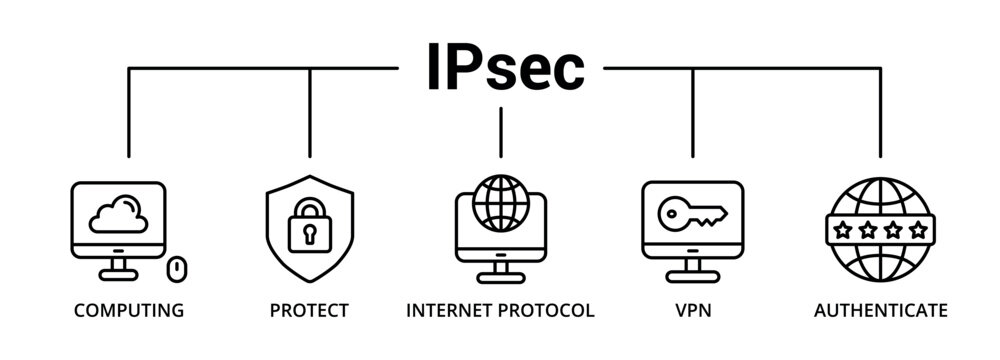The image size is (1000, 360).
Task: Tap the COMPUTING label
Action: click(x=128, y=311)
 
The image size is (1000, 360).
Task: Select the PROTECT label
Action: click(x=309, y=311)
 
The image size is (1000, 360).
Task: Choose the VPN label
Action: click(x=692, y=311)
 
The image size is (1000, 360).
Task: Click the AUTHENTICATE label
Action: click(x=880, y=311)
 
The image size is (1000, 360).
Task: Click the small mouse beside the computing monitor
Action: click(x=178, y=268)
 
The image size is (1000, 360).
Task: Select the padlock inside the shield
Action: click(x=309, y=228)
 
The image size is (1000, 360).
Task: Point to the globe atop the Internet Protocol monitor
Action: click(x=500, y=200)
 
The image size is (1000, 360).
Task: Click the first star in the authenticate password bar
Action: click(x=844, y=231)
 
